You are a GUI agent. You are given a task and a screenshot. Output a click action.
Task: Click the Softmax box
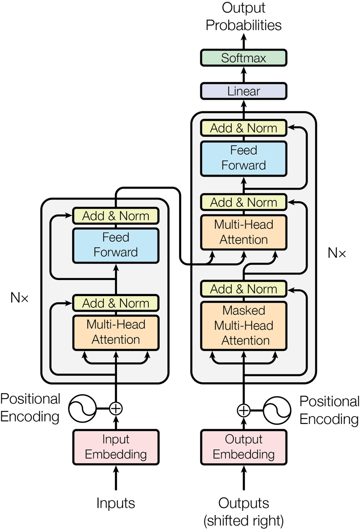coord(243,58)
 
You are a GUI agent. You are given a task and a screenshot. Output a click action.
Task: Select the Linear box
coord(243,91)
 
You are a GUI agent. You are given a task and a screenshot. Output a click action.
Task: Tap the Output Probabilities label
coord(243,17)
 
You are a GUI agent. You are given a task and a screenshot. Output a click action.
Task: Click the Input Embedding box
coord(116,447)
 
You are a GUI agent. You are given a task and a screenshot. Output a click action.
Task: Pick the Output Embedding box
coord(243,447)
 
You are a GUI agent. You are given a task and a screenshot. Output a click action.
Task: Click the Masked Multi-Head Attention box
coord(243,326)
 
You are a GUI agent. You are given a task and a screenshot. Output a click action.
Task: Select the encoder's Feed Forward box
coord(116,245)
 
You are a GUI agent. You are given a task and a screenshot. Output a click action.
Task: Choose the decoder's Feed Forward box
coord(243,158)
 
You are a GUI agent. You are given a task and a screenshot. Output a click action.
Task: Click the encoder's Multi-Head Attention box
coord(116,332)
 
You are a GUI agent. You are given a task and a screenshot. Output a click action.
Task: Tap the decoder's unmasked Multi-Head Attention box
coord(243,232)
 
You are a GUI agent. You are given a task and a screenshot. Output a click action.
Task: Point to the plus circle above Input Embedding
coord(116,408)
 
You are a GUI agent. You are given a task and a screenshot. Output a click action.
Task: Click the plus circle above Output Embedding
coord(244,410)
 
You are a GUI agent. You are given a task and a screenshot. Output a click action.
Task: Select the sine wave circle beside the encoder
coord(83,408)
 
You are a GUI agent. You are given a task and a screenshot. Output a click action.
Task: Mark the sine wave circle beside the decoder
coord(277,410)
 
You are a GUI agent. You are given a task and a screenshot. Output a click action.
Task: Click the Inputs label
coord(116,503)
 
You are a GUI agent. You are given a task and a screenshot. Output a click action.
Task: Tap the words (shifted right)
coord(243,520)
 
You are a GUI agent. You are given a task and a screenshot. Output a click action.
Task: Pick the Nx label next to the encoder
coord(20,298)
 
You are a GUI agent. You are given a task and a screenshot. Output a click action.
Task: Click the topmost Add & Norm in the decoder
coord(243,128)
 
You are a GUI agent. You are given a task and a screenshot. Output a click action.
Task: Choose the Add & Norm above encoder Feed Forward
coord(116,216)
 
